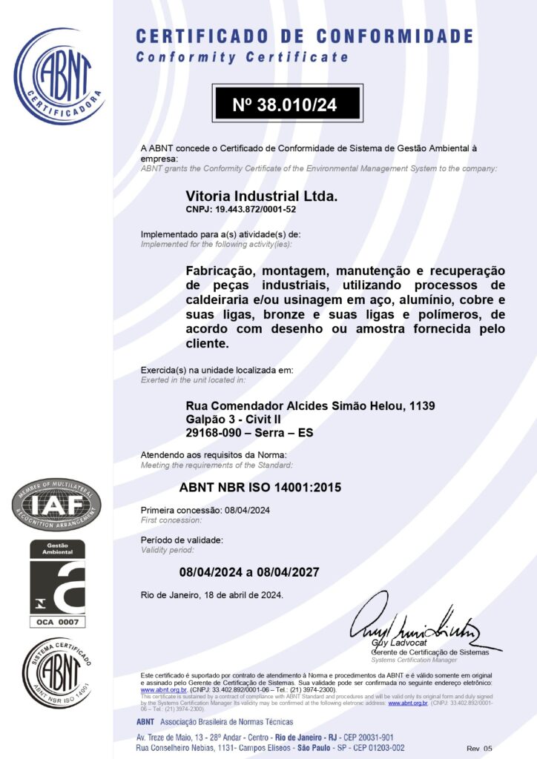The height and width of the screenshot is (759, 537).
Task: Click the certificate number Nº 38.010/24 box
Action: point(286,105)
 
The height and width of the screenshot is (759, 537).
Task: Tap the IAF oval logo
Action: point(56,505)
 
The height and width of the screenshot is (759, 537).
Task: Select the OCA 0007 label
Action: point(57,621)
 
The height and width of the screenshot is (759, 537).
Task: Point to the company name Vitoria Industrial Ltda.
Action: point(261,196)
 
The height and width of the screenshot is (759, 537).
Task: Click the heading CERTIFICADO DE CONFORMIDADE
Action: point(304,36)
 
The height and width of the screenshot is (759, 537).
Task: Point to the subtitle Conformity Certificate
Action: point(242,57)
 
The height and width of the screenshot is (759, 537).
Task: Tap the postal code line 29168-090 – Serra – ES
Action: point(249,433)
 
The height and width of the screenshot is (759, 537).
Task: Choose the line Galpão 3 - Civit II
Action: point(228,420)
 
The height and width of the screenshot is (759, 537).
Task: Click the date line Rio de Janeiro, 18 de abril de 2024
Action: point(211,594)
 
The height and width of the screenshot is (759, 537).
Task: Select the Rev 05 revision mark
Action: point(479,749)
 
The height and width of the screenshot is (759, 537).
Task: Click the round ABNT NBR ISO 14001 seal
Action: point(57,673)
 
